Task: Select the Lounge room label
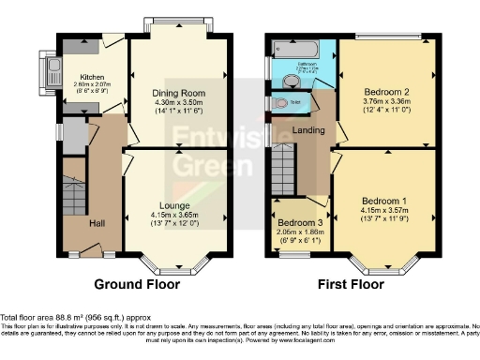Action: [175, 205]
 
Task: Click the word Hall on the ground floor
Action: [97, 222]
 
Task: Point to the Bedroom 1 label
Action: [384, 202]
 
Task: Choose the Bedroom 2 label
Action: [387, 92]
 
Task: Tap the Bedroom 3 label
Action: [295, 221]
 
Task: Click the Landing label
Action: [307, 129]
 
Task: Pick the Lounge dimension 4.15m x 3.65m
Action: [175, 215]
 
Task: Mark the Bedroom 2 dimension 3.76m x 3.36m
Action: [387, 101]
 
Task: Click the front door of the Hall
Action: [91, 249]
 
